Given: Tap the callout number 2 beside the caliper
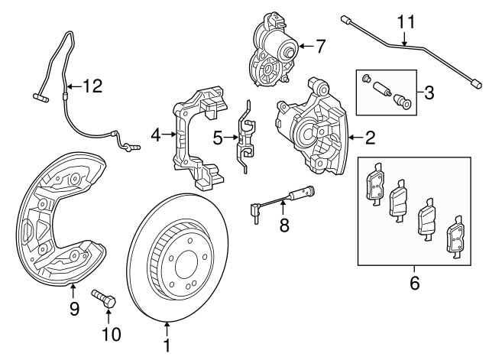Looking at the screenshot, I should (x=370, y=138).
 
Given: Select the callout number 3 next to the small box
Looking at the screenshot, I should (x=429, y=93).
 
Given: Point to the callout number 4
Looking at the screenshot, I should (x=156, y=135).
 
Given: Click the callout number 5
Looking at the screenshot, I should (x=217, y=138).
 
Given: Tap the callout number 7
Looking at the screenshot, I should (x=319, y=47).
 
